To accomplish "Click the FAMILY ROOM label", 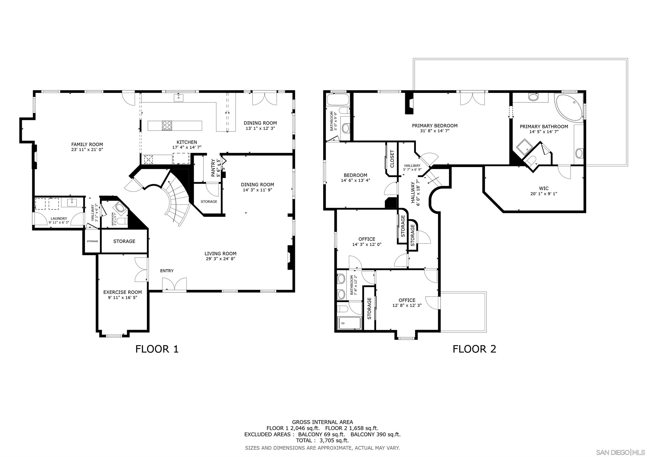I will pos(87,145).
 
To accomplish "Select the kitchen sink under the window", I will pos(178,98).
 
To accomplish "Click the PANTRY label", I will pos(213,168).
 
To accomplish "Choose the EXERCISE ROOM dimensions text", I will pos(122,297).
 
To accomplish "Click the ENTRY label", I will pos(167,271).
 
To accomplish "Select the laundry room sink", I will pos(73,202).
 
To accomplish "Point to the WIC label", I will pos(544,188).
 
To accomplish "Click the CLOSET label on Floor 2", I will pos(392,159).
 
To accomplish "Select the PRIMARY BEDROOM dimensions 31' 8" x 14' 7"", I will pos(434,131).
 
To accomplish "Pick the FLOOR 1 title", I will pos(157,349).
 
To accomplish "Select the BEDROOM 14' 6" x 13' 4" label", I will pos(355,178).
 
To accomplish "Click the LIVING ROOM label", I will pos(220,253).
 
